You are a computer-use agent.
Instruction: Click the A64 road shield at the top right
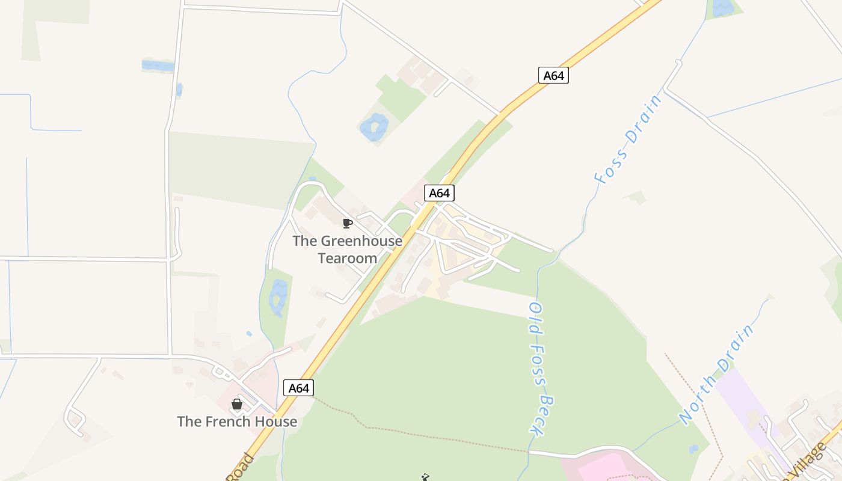pyautogui.click(x=553, y=75)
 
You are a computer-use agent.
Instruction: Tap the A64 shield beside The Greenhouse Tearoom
pyautogui.click(x=439, y=193)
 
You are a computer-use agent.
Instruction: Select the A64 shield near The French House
pyautogui.click(x=298, y=388)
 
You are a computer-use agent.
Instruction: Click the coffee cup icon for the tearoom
pyautogui.click(x=347, y=224)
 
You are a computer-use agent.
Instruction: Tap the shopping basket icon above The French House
pyautogui.click(x=237, y=404)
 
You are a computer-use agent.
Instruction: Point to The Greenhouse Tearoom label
pyautogui.click(x=347, y=250)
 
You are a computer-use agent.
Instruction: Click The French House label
pyautogui.click(x=237, y=421)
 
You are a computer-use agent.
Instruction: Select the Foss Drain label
pyautogui.click(x=627, y=139)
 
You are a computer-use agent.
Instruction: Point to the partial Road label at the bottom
pyautogui.click(x=241, y=468)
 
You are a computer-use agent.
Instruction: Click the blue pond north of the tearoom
pyautogui.click(x=373, y=127)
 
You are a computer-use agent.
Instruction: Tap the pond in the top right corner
pyautogui.click(x=722, y=8)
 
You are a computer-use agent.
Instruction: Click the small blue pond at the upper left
pyautogui.click(x=158, y=65)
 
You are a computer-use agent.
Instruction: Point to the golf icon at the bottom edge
pyautogui.click(x=425, y=477)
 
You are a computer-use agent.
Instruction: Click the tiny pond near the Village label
pyautogui.click(x=694, y=449)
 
